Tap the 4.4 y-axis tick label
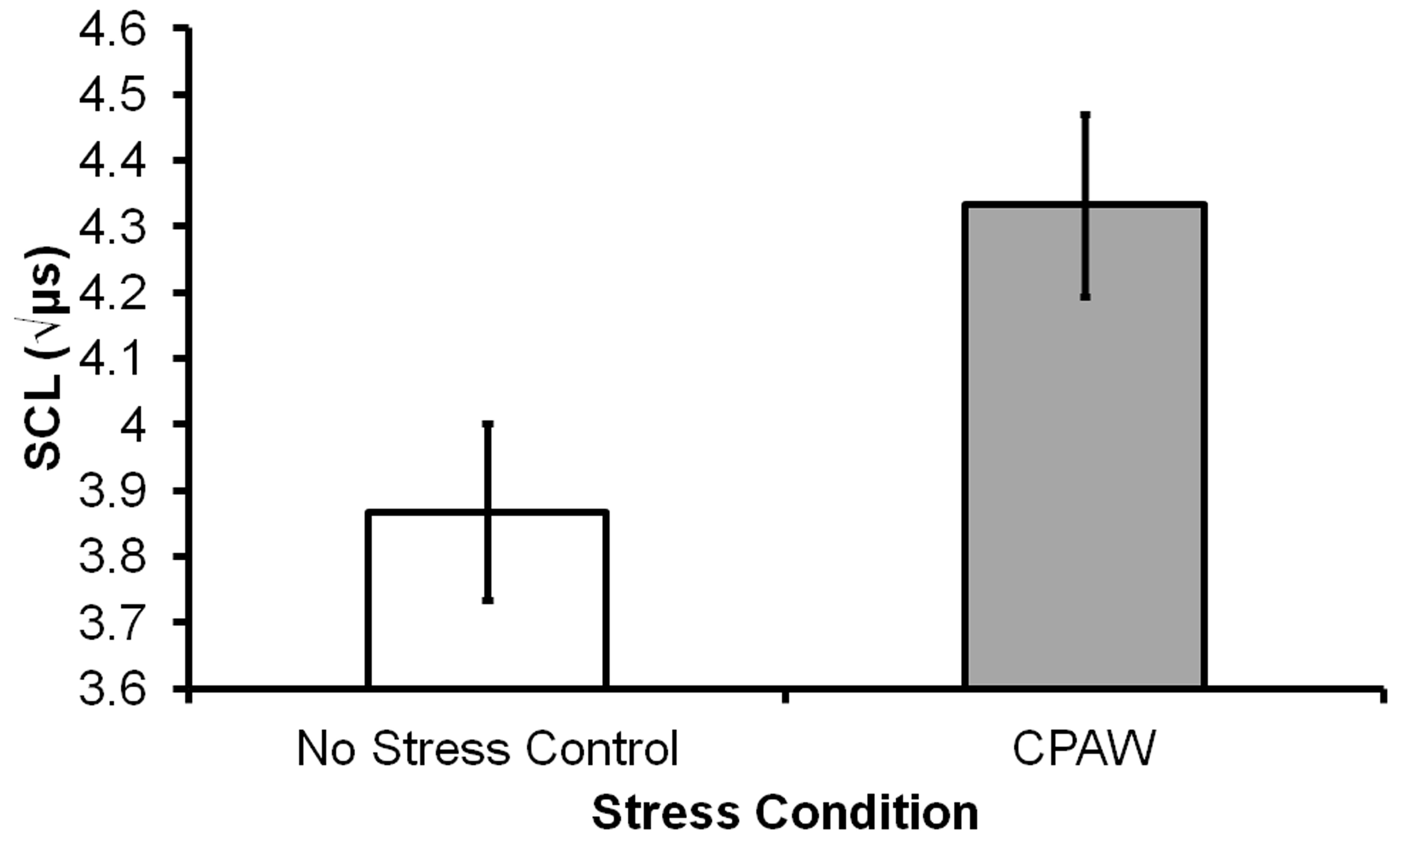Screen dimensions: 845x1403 pos(112,161)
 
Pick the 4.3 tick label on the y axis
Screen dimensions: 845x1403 pos(112,227)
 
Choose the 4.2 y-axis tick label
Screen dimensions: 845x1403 pos(112,293)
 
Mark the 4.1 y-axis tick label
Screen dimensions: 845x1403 pos(112,359)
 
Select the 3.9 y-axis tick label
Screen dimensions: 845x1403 pos(112,490)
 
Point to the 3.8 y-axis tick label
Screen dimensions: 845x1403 pos(112,556)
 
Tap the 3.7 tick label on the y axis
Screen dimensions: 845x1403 pos(112,622)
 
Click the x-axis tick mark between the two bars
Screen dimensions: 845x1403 pos(786,696)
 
